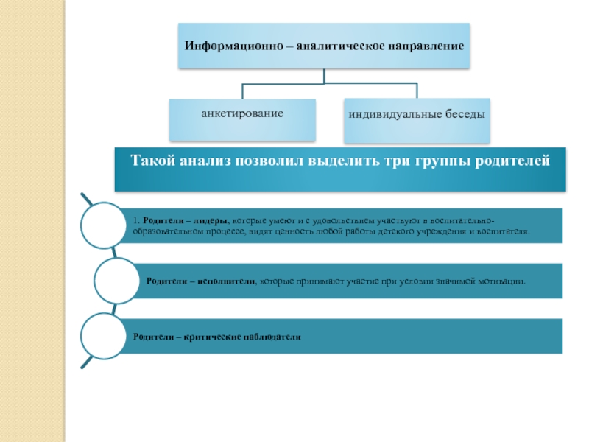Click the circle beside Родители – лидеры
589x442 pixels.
(x=105, y=225)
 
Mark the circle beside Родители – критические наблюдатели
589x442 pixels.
(x=105, y=335)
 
